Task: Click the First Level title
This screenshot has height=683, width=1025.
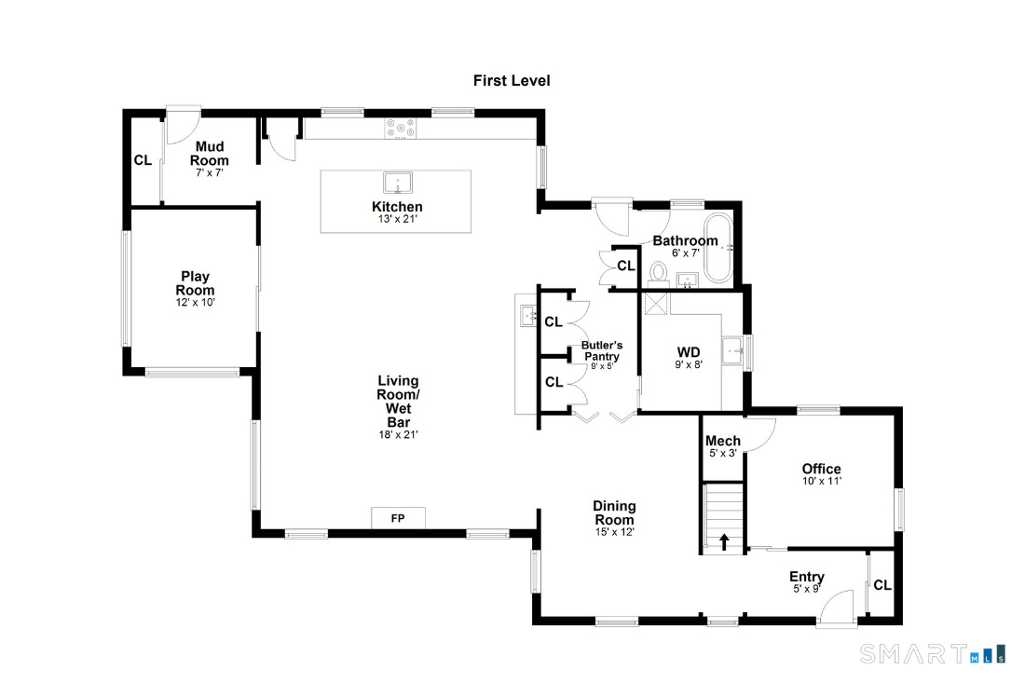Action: [x=512, y=81]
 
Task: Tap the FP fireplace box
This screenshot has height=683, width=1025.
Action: [x=398, y=518]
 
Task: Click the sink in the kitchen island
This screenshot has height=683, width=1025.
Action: [x=398, y=182]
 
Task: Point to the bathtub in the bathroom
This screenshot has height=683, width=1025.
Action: [x=718, y=249]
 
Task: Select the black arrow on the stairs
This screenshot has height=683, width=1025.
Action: [x=724, y=540]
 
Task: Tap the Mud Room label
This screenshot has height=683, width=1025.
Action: [x=210, y=154]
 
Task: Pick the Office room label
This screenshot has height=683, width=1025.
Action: [x=821, y=469]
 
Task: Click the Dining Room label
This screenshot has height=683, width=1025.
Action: [x=614, y=513]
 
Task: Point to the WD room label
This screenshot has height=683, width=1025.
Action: [x=689, y=352]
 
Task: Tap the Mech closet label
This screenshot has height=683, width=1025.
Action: [x=723, y=441]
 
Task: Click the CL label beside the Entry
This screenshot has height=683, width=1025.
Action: [x=882, y=586]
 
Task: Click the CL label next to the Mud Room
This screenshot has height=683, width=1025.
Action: [x=143, y=160]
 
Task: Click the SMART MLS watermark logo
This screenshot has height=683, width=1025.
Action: [x=932, y=653]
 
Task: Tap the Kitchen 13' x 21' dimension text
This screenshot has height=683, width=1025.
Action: [x=397, y=220]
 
